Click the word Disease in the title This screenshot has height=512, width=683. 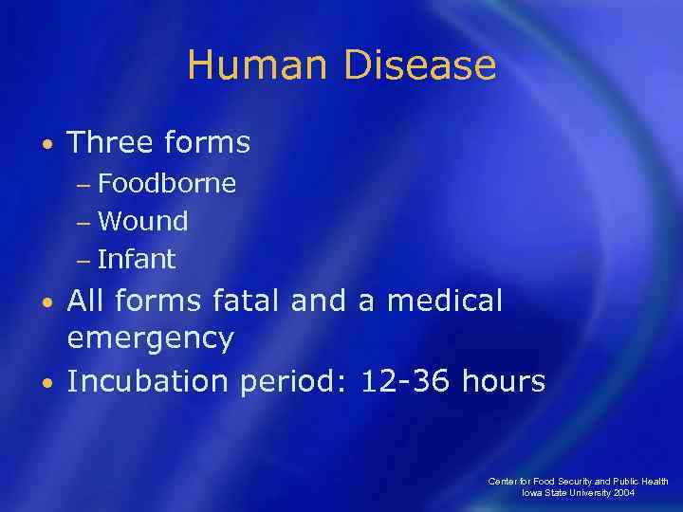420,65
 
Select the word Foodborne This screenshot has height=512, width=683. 167,183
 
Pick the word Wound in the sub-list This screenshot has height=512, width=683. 143,221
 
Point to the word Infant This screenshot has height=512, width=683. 137,259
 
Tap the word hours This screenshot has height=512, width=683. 504,381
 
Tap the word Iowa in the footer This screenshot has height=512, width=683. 532,494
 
